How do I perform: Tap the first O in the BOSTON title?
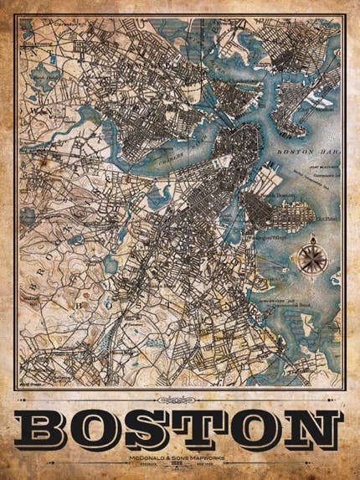pos(103,430)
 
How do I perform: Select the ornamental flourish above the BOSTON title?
pos(180,400)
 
